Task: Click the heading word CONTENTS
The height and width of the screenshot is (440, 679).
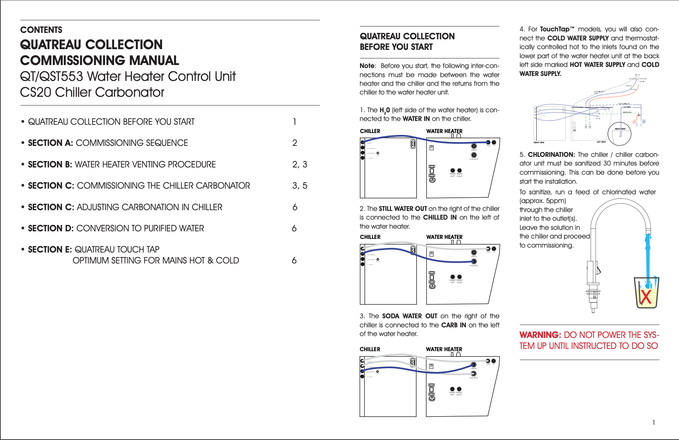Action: click(41, 30)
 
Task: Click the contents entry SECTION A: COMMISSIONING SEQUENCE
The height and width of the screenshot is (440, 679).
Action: click(108, 143)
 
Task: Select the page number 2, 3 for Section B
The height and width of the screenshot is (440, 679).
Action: click(299, 164)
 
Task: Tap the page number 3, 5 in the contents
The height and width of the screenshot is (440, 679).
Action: click(299, 186)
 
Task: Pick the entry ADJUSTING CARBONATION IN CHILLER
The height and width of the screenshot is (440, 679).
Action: click(149, 207)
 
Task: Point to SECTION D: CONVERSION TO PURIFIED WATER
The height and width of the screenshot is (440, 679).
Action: click(116, 228)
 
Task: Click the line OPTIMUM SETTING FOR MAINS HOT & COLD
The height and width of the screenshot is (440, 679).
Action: click(156, 260)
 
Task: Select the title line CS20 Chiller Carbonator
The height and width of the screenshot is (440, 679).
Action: click(92, 92)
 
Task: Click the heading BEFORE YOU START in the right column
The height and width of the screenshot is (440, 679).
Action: click(396, 47)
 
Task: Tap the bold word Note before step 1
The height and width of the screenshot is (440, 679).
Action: click(367, 66)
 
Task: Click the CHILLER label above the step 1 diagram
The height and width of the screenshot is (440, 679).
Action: click(370, 131)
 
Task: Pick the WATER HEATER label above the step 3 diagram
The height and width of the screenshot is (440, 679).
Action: click(444, 349)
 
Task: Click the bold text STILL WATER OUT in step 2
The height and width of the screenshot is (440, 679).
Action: click(403, 209)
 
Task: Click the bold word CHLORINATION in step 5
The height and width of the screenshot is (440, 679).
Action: click(551, 155)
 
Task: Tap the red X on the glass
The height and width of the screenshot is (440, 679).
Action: click(646, 297)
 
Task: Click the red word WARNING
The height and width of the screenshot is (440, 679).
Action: click(540, 335)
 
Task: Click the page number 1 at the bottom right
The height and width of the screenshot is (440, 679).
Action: click(654, 423)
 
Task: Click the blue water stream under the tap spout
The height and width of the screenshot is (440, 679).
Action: click(648, 257)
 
